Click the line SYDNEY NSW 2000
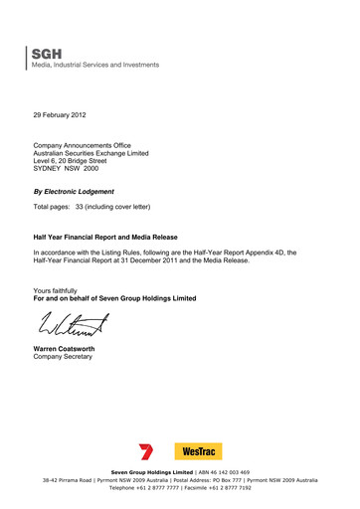pyautogui.click(x=74, y=169)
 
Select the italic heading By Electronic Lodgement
pyautogui.click(x=74, y=191)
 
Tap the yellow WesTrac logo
pyautogui.click(x=199, y=451)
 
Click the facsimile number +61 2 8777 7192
pyautogui.click(x=242, y=488)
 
